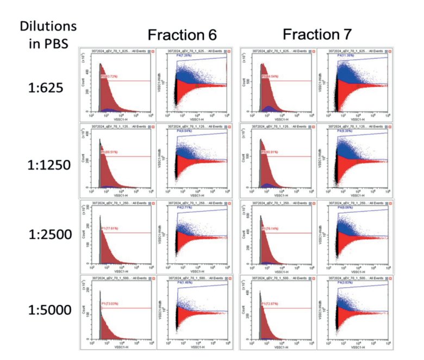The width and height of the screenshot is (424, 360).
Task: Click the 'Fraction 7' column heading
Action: (x=318, y=34)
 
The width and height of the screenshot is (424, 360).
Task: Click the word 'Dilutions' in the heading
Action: (x=48, y=26)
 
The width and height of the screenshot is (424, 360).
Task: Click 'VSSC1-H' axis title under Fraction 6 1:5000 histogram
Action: (x=116, y=346)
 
